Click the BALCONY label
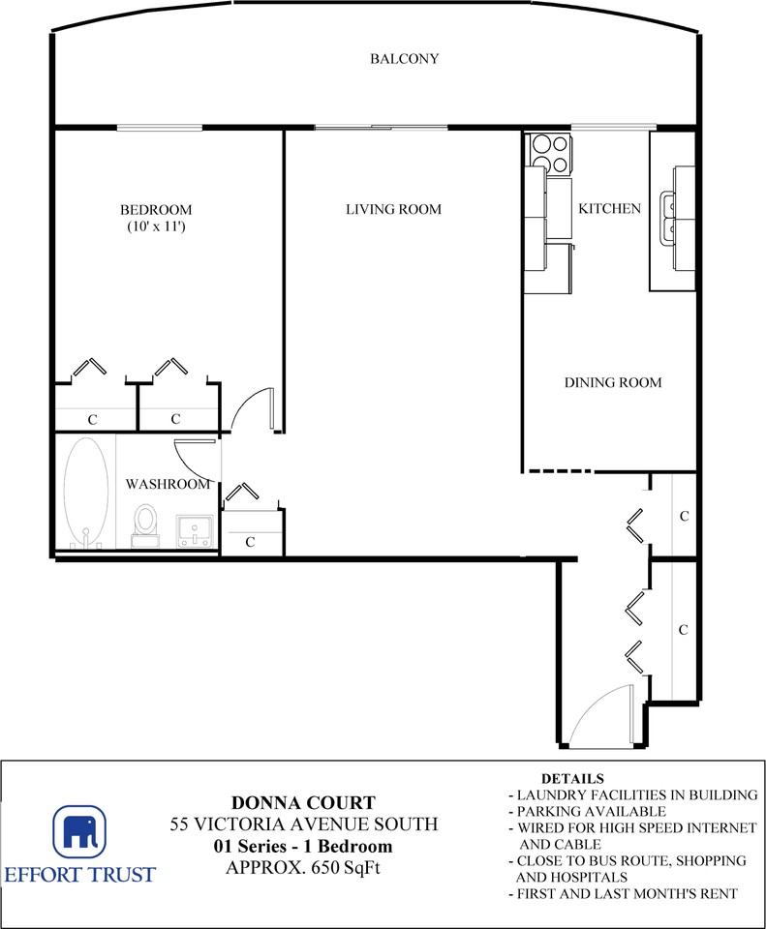(x=405, y=59)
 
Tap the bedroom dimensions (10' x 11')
(x=156, y=225)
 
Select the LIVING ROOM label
(x=394, y=209)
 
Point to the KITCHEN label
(x=609, y=209)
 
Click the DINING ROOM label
(x=613, y=382)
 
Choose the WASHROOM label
(x=168, y=484)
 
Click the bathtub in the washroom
(x=86, y=494)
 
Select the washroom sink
(x=195, y=531)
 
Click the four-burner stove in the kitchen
(x=551, y=153)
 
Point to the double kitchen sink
(x=670, y=218)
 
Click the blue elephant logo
(x=79, y=831)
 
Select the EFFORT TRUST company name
(x=79, y=875)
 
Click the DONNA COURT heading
(x=303, y=803)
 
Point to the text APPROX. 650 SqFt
(x=303, y=867)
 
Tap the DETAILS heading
(x=572, y=778)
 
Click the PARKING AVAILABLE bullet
(x=588, y=811)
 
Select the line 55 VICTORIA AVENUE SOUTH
(x=304, y=824)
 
